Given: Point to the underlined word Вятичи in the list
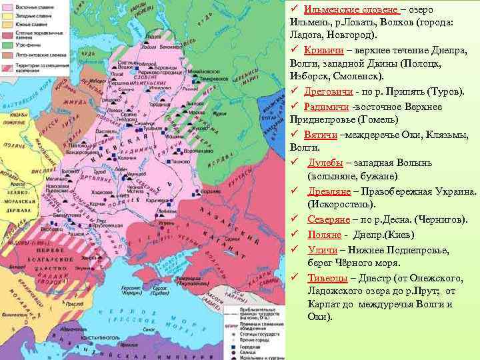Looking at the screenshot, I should click(323, 134).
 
